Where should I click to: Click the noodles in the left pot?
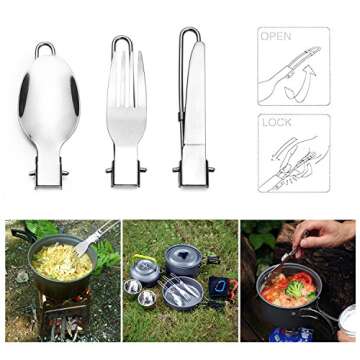pos(61,263)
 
